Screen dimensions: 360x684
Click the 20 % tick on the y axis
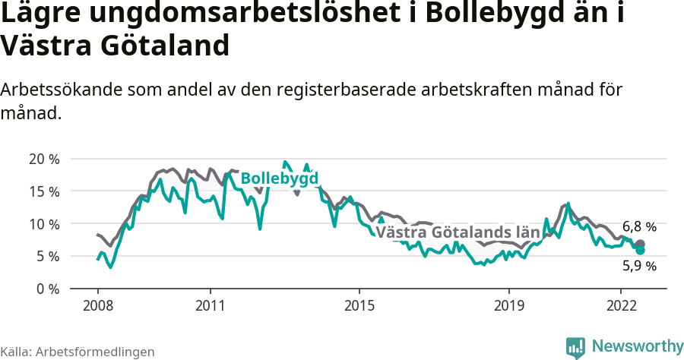(x=43, y=159)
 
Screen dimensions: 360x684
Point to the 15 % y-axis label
(x=43, y=191)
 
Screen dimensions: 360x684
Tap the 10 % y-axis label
(x=43, y=224)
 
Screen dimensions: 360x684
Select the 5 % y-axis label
(x=47, y=257)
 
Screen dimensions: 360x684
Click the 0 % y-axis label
(x=47, y=289)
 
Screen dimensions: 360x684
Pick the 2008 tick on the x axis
(x=98, y=306)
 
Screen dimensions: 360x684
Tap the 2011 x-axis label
(x=210, y=306)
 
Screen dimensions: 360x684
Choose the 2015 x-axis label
(x=359, y=306)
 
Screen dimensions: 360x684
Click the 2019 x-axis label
(x=508, y=306)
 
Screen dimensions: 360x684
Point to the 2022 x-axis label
(x=621, y=306)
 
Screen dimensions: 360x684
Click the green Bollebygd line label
(x=279, y=178)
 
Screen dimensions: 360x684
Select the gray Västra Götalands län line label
(x=458, y=232)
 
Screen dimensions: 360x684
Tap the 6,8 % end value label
(x=639, y=226)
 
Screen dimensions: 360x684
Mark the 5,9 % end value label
(x=639, y=266)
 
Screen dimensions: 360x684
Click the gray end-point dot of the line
(x=641, y=244)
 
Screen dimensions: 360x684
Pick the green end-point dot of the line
(x=641, y=250)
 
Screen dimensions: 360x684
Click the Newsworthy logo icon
(x=575, y=347)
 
